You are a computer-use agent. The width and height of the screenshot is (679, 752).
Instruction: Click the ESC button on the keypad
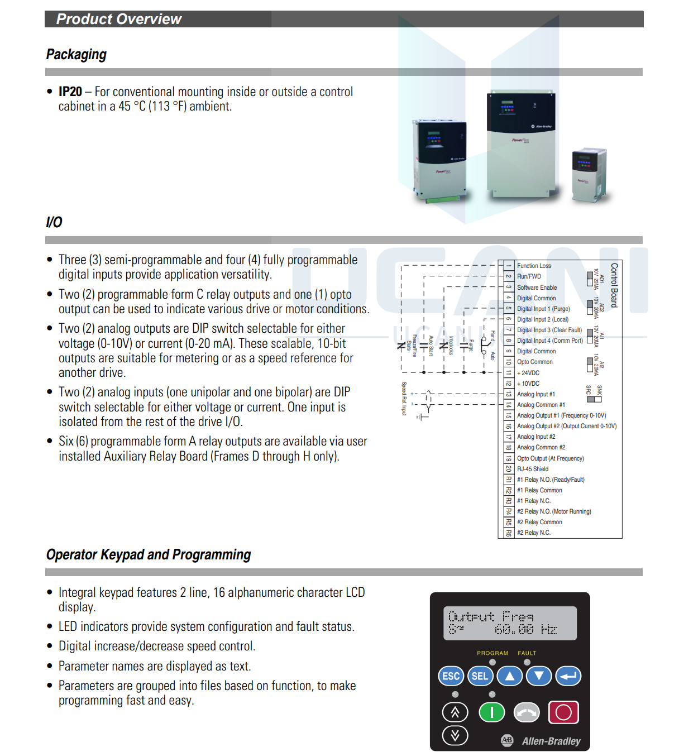(x=451, y=676)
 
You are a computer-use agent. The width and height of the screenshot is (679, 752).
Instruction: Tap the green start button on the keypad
(x=491, y=712)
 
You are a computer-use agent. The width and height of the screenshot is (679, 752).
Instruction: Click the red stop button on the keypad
(x=563, y=712)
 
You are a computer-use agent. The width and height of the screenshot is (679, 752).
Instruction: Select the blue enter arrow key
(x=568, y=676)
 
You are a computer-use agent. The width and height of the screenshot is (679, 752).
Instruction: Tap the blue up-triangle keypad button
(x=509, y=676)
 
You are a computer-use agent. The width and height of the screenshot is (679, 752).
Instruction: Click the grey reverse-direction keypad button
(x=527, y=712)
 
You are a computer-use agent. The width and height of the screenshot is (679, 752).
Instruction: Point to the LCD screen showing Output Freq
(x=510, y=623)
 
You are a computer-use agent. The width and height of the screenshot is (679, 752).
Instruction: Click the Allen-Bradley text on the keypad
(x=551, y=741)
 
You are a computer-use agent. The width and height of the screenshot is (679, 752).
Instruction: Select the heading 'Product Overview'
(x=119, y=19)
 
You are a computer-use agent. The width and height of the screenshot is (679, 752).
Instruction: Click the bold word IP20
(x=70, y=92)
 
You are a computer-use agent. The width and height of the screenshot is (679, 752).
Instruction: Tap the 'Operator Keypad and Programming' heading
(x=149, y=554)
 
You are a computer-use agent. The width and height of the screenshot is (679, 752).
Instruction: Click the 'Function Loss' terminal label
(x=534, y=266)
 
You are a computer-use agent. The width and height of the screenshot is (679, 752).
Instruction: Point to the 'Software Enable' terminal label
(x=537, y=288)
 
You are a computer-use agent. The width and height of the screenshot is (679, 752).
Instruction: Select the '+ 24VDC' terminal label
(x=528, y=373)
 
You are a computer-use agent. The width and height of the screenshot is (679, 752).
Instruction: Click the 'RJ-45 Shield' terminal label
(x=533, y=469)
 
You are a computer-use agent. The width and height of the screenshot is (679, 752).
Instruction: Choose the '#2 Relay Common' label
(x=539, y=522)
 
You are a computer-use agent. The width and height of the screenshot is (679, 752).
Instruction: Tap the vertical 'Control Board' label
(x=614, y=285)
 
